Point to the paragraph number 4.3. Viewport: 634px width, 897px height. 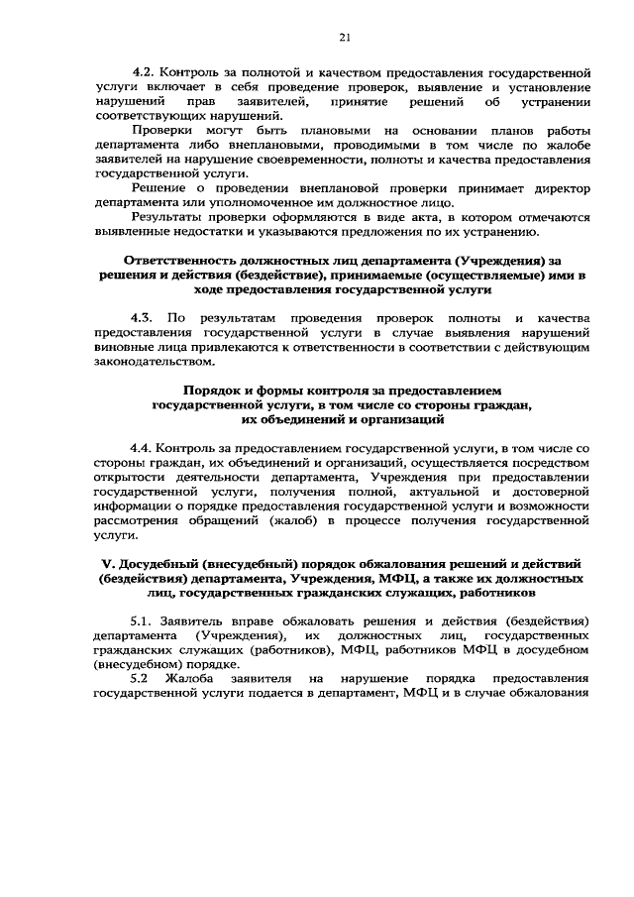click(x=144, y=317)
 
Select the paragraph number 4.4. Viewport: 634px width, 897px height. click(x=143, y=449)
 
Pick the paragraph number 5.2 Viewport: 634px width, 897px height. click(x=144, y=680)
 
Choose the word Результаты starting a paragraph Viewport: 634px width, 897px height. click(x=167, y=217)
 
